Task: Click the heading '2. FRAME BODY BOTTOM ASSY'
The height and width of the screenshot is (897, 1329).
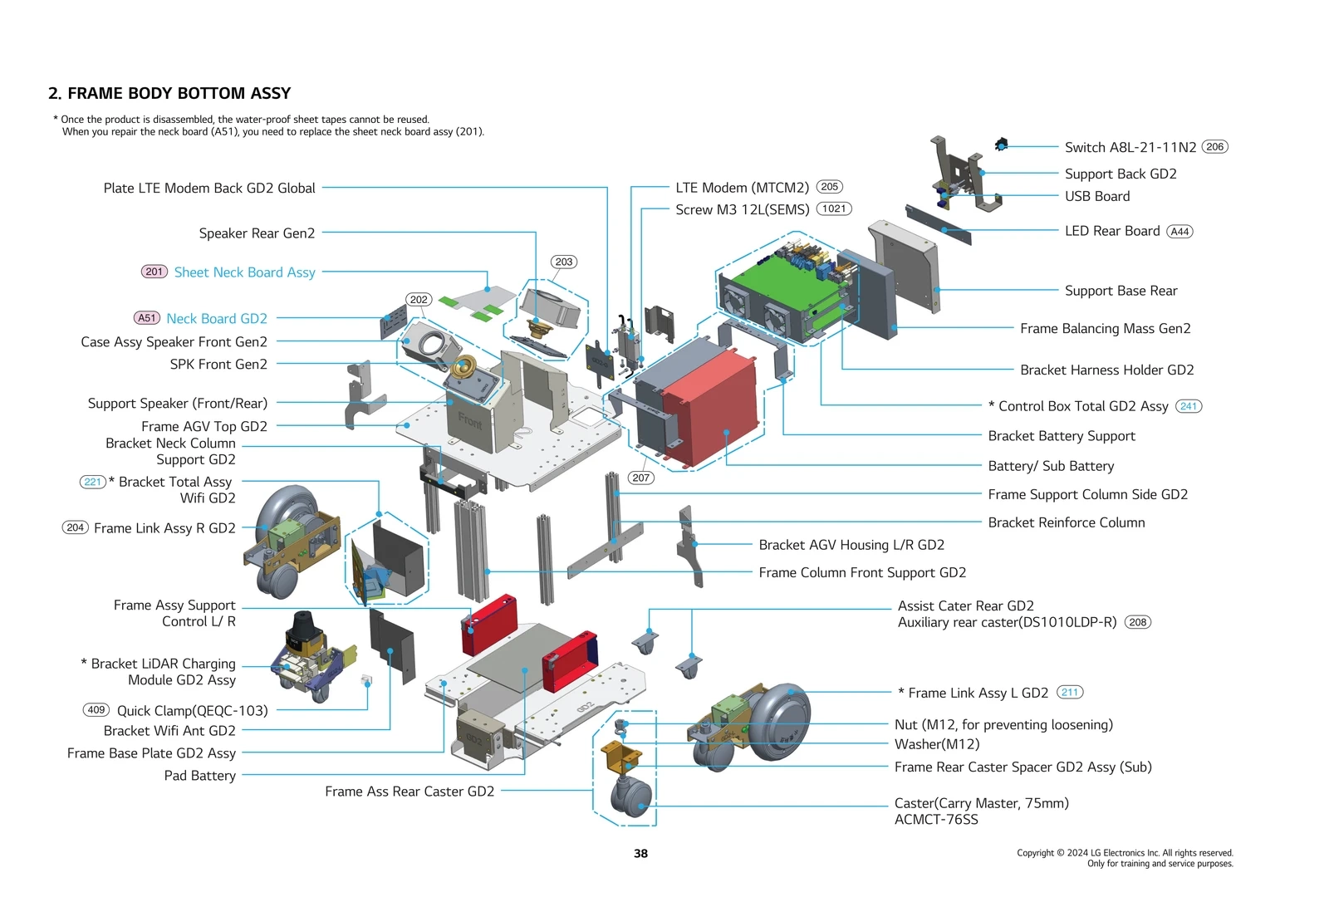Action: coord(169,93)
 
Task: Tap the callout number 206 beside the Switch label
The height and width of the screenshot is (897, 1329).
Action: coord(1214,147)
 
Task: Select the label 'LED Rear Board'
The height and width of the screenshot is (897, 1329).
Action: coord(1112,231)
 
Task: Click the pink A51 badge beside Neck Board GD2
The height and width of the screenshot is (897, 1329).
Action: coord(147,318)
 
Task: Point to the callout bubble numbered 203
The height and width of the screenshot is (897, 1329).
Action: coord(564,262)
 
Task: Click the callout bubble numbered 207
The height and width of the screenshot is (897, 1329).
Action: coord(640,478)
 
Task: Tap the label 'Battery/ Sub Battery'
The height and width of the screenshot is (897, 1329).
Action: coord(1051,466)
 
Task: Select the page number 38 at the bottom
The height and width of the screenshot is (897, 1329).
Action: coord(640,853)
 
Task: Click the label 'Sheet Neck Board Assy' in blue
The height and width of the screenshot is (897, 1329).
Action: coord(244,272)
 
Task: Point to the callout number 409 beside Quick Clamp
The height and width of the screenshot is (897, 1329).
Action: coord(96,710)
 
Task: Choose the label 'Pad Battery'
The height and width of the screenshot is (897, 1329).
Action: coord(199,776)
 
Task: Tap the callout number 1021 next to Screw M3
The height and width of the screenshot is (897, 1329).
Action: coord(834,209)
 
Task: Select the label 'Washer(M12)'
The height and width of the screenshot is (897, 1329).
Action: coord(937,744)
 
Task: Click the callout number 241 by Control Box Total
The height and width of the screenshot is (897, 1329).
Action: coord(1189,406)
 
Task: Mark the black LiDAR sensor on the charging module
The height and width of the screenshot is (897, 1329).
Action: coord(301,629)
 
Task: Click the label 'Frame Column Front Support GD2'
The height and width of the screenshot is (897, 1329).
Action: coord(862,572)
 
